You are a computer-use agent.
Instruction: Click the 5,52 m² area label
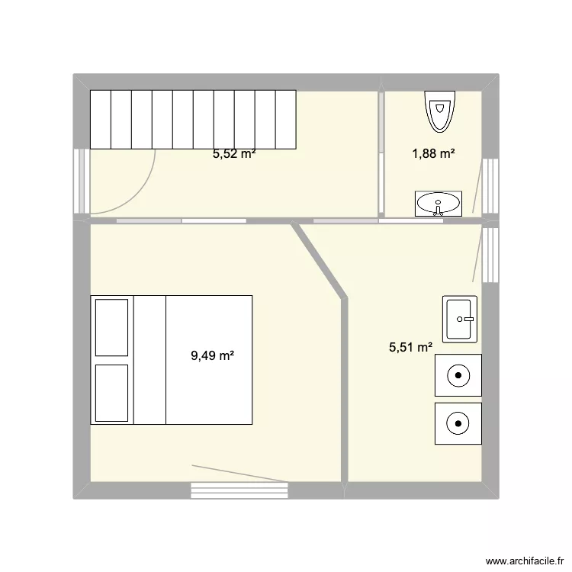coord(233,153)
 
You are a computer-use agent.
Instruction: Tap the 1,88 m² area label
coord(433,153)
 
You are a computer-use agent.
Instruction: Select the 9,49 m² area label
coord(211,355)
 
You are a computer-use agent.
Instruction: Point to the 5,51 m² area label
coord(410,348)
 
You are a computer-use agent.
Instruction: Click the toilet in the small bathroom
coord(439,111)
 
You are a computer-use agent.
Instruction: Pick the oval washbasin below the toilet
coord(439,203)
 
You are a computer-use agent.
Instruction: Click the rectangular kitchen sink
coord(461,318)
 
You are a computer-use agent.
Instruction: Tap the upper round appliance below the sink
coord(458,375)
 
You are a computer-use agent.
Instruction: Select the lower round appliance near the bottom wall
coord(458,423)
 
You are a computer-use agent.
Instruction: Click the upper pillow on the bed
coord(111,327)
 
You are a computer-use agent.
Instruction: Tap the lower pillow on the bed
coord(111,392)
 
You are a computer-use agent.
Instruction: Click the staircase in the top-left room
coord(193,119)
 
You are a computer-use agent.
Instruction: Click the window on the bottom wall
coord(239,490)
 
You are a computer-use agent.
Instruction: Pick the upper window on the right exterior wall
coord(491,185)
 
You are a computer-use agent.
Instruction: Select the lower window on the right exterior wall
coord(491,253)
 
